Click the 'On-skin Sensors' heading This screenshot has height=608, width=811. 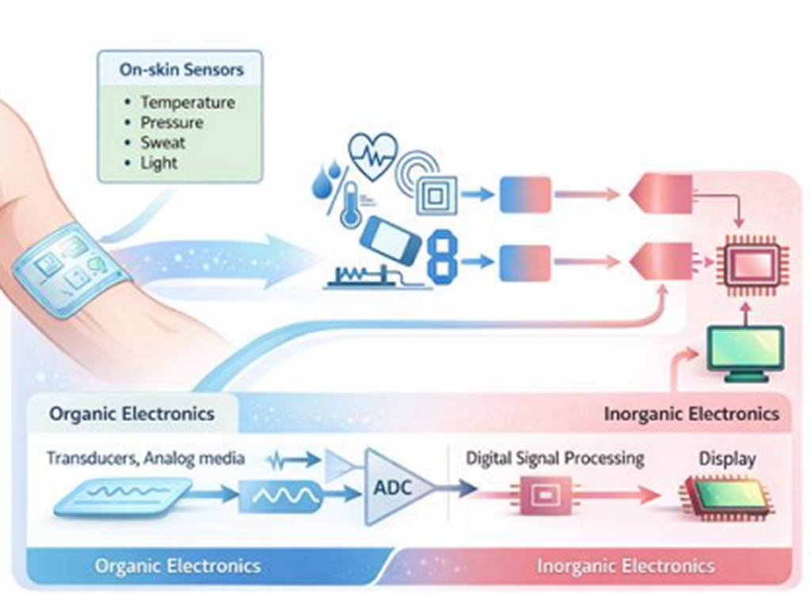(181, 70)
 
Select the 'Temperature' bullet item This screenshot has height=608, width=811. (188, 102)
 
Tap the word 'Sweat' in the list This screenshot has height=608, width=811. (162, 142)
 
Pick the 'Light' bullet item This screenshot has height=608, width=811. (158, 163)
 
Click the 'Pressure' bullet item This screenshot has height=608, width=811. (172, 123)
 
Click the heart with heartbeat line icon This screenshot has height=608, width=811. (373, 154)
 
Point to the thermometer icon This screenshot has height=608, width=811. (350, 205)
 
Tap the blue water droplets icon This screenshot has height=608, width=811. (327, 178)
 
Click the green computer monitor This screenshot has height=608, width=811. (745, 352)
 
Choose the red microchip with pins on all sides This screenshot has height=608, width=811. (752, 264)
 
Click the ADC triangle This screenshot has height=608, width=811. (399, 487)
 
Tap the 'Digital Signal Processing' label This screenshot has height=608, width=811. (555, 458)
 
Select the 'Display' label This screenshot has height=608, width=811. (727, 458)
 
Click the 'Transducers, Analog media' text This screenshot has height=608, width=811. (146, 458)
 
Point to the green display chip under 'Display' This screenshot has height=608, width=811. (727, 497)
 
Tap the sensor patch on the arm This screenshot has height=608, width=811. (70, 266)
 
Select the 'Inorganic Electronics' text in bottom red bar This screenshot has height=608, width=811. (626, 566)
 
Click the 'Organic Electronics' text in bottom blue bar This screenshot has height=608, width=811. (177, 566)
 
